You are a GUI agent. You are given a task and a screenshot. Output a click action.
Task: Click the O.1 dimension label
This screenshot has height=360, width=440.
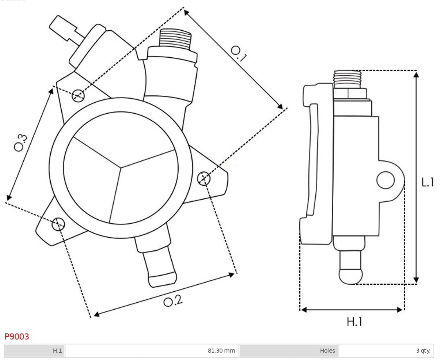coord(239,54)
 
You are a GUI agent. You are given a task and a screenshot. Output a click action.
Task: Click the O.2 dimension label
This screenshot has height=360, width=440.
coord(173,301)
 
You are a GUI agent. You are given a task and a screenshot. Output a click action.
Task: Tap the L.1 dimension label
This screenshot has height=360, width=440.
coord(428,182)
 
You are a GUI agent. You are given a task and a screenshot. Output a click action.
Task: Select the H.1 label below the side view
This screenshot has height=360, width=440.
coord(355,322)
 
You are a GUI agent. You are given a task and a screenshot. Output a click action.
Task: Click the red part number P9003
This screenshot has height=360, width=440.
coord(17,337)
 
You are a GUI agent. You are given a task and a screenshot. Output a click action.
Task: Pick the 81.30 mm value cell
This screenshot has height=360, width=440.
coord(221,351)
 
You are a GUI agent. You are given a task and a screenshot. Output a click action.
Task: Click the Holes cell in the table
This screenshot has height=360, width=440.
coord(327,351)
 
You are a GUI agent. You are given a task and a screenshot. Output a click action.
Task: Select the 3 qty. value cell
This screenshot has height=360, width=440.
coord(423,351)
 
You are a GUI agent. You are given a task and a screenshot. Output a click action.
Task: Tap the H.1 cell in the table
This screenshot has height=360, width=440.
coord(57,351)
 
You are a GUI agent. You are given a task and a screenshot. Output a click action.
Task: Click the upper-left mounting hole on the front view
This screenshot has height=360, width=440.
coord(78,96)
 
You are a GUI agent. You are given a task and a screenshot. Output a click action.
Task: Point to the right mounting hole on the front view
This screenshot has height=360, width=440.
coord(204,178)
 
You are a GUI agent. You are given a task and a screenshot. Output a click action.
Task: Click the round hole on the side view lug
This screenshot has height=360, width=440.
coord(385,180)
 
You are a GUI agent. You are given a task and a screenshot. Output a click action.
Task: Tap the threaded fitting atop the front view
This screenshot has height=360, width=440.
coord(175,39)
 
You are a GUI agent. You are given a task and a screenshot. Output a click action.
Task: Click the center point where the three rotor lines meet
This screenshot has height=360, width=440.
coord(121,167)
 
